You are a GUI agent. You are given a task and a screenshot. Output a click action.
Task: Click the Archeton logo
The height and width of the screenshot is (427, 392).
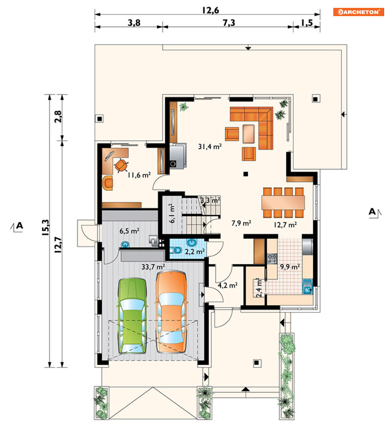pyautogui.click(x=359, y=12)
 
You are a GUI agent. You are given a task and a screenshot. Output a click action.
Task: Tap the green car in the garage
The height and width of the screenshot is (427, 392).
pyautogui.click(x=132, y=316)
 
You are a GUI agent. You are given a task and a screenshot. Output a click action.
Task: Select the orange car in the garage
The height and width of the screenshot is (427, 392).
pyautogui.click(x=171, y=311)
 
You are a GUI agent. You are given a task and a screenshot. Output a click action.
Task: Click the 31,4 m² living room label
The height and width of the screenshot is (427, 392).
pyautogui.click(x=210, y=147)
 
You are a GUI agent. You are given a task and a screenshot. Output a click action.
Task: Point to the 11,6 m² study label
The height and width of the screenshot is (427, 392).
pyautogui.click(x=139, y=175)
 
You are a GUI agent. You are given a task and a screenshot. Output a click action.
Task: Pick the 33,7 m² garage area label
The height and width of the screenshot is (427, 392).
pyautogui.click(x=153, y=267)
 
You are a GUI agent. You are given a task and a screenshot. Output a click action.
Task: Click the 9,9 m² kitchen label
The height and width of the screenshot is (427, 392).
pyautogui.click(x=290, y=267)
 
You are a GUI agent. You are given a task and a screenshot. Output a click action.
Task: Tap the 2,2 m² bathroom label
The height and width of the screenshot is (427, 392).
pyautogui.click(x=195, y=252)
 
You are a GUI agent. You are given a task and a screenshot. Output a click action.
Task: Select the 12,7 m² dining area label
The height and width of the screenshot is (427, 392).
pyautogui.click(x=285, y=225)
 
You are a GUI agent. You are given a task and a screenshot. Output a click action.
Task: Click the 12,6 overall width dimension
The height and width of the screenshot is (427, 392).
pyautogui.click(x=211, y=10)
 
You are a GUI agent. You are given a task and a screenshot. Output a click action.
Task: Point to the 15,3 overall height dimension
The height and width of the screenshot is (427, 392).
pyautogui.click(x=46, y=227)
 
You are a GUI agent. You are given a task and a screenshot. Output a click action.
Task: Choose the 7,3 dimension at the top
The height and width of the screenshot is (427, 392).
pyautogui.click(x=229, y=23)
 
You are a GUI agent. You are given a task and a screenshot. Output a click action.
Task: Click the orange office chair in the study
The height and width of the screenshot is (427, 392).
pyautogui.click(x=121, y=166)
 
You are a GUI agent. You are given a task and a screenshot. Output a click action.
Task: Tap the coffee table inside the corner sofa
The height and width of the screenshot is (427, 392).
pyautogui.click(x=249, y=133)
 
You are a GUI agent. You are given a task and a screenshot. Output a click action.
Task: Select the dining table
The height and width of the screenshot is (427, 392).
pyautogui.click(x=283, y=202)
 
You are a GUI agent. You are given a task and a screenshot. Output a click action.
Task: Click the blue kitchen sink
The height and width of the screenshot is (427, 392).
pyautogui.click(x=307, y=287)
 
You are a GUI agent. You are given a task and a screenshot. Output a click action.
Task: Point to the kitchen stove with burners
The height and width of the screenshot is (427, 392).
pyautogui.click(x=272, y=259)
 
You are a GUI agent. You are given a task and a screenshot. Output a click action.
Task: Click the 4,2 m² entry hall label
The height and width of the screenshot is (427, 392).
pyautogui.click(x=227, y=285)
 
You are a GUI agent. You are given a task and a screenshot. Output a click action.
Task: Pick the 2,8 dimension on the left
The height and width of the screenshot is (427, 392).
pyautogui.click(x=58, y=116)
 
